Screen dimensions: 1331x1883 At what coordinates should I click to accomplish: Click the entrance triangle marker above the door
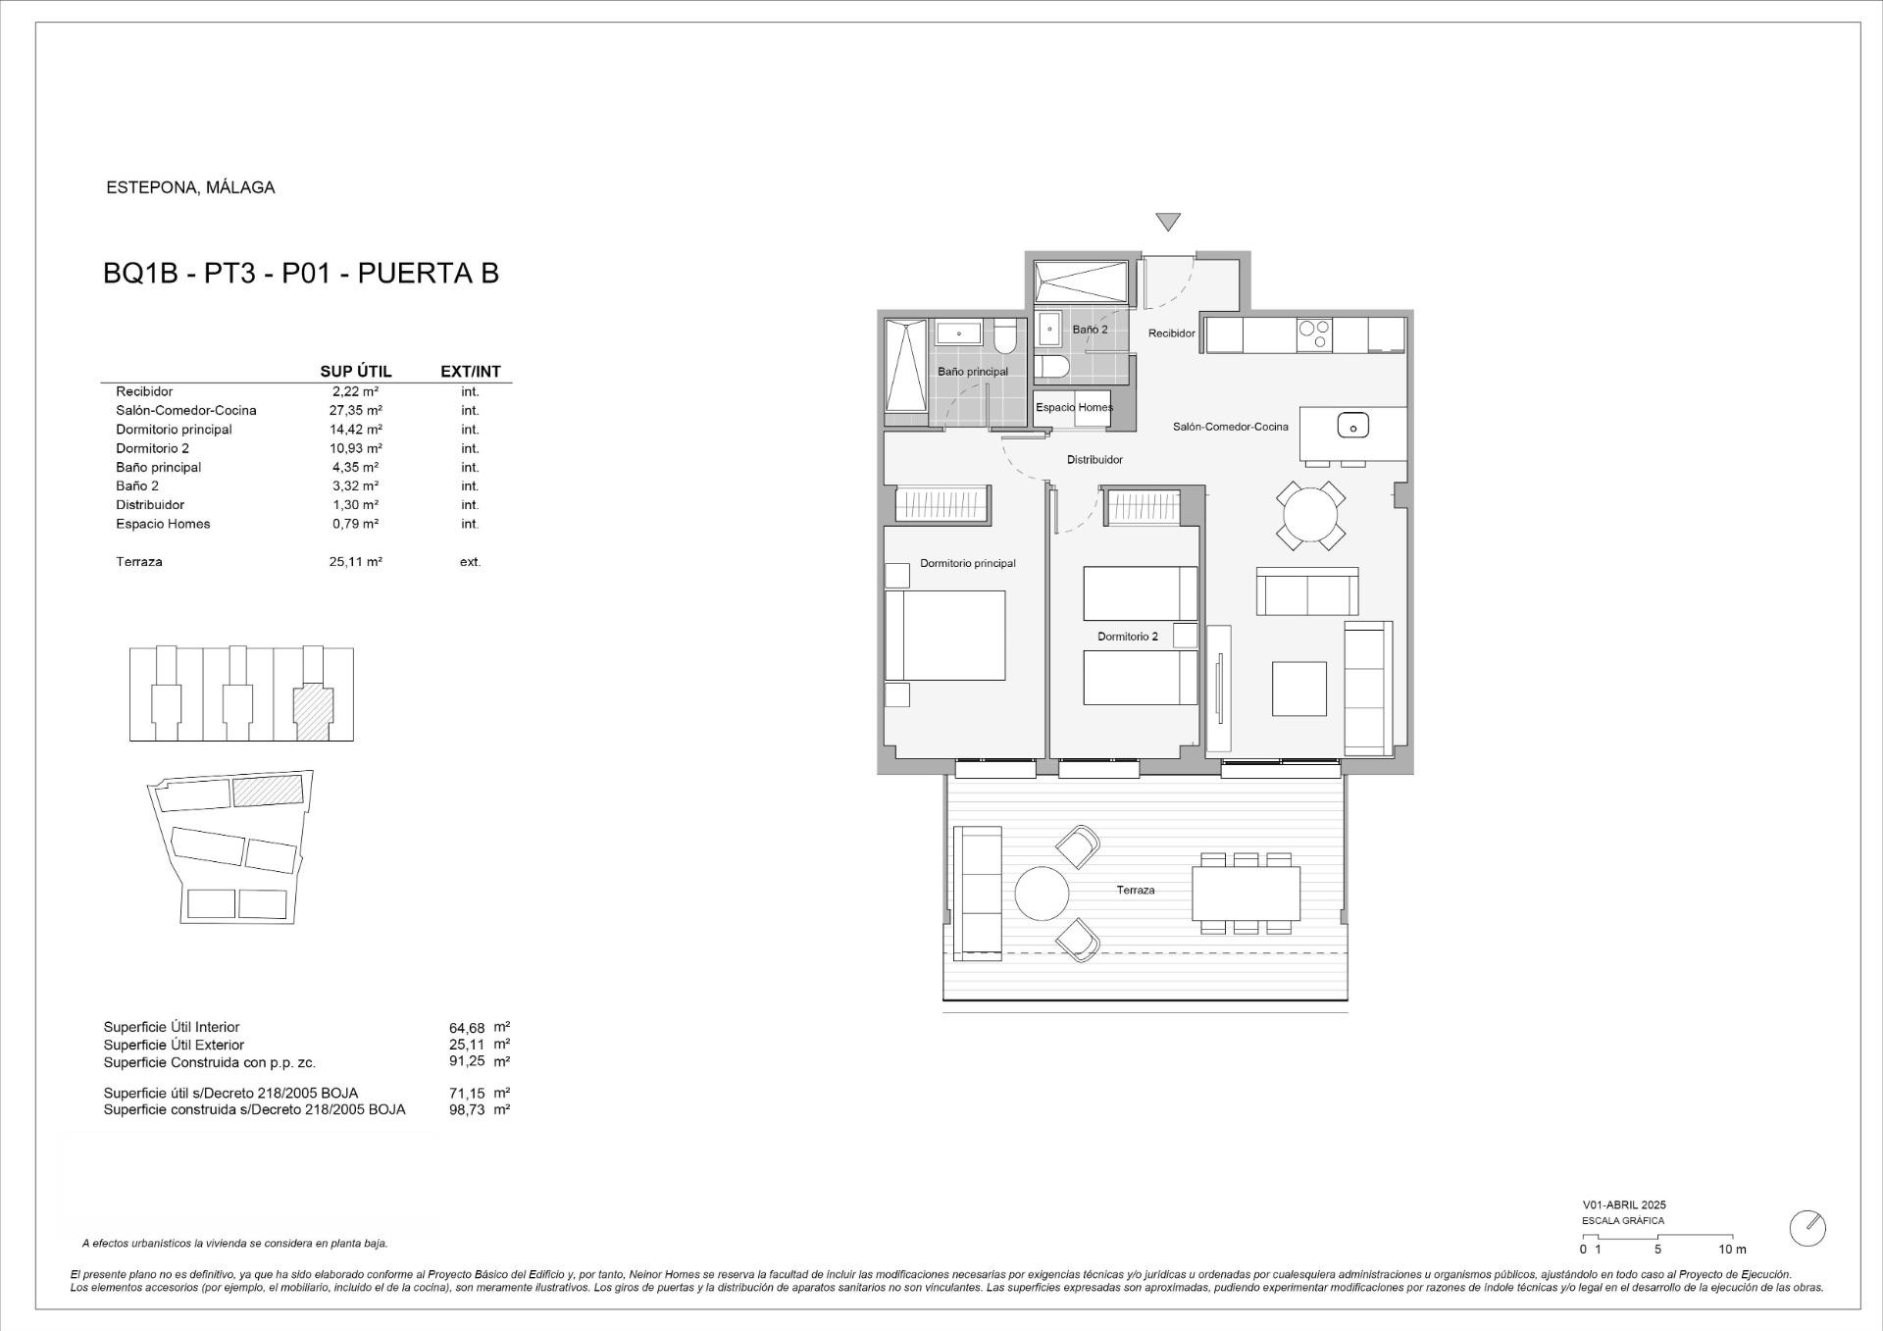pyautogui.click(x=1167, y=222)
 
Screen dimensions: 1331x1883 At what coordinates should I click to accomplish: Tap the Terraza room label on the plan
pyautogui.click(x=1135, y=891)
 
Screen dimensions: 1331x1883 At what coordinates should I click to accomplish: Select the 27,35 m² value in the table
pyautogui.click(x=356, y=411)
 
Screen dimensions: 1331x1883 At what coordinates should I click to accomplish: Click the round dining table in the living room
pyautogui.click(x=1310, y=515)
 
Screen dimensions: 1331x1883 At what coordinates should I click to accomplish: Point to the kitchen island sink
pyautogui.click(x=1352, y=426)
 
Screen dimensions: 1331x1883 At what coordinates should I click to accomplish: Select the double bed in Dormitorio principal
pyautogui.click(x=945, y=636)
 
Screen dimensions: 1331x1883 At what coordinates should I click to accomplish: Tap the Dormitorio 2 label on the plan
pyautogui.click(x=1127, y=637)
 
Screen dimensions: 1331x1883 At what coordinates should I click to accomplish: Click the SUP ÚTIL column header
pyautogui.click(x=356, y=372)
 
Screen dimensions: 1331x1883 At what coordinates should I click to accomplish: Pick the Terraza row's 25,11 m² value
pyautogui.click(x=356, y=562)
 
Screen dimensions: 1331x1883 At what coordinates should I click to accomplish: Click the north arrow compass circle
pyautogui.click(x=1807, y=1228)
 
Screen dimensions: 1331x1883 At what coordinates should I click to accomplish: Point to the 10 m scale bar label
pyautogui.click(x=1732, y=1250)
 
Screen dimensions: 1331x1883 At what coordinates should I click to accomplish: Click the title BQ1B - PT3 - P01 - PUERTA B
pyautogui.click(x=301, y=273)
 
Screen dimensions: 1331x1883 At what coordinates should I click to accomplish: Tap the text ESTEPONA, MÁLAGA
pyautogui.click(x=190, y=187)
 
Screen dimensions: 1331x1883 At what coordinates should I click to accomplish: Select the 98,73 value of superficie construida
pyautogui.click(x=467, y=1110)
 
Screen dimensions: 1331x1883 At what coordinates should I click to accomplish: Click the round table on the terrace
pyautogui.click(x=1042, y=894)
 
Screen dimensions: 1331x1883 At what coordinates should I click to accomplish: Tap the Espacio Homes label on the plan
pyautogui.click(x=1074, y=407)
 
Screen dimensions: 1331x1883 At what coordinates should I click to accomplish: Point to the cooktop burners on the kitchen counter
pyautogui.click(x=1314, y=335)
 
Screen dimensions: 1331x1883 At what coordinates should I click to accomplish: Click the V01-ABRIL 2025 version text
pyautogui.click(x=1623, y=1205)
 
